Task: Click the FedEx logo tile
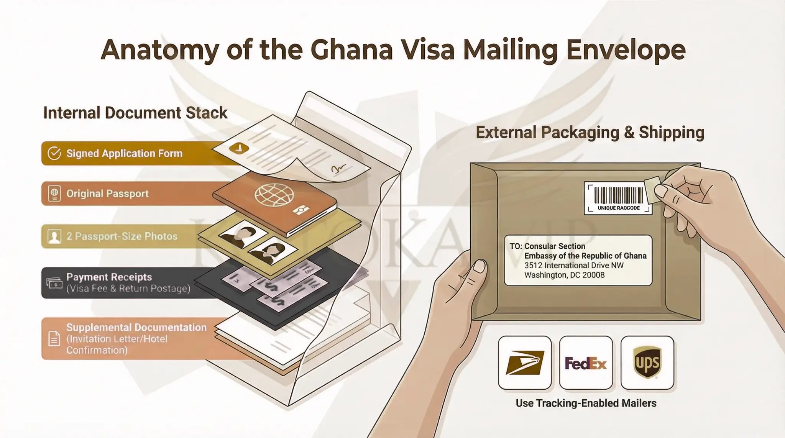point(586,363)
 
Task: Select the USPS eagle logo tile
point(525,363)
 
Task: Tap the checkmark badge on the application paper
point(239,148)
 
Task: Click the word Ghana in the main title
point(351,50)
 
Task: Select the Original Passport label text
point(107,194)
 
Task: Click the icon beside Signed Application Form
point(54,153)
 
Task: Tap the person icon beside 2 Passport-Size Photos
point(54,236)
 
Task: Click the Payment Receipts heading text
point(109,277)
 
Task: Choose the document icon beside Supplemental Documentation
point(54,339)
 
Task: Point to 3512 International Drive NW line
point(574,266)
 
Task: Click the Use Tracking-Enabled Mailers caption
point(586,403)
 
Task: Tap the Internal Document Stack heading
point(135,113)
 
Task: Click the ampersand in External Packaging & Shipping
point(629,133)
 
